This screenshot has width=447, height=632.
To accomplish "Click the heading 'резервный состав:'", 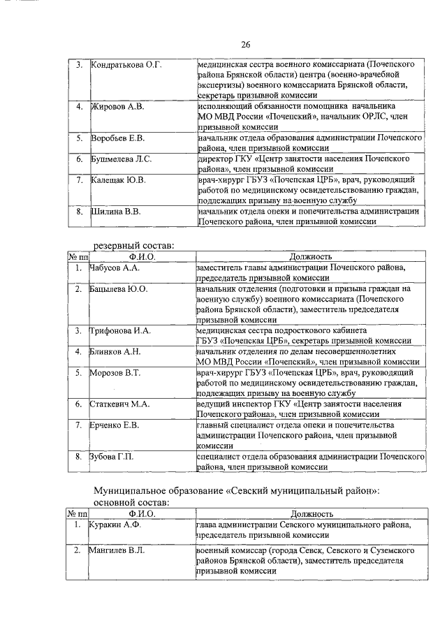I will point(134,244).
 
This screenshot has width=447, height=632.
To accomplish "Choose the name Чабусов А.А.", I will point(116,267).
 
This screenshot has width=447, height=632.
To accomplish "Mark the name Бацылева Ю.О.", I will point(119,288).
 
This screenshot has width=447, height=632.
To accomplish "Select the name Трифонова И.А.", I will point(121,330).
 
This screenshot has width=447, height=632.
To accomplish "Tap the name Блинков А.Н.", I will point(115,351).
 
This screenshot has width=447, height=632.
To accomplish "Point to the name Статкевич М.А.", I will point(120,404).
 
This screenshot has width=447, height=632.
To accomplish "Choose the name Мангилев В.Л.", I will point(117,551).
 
